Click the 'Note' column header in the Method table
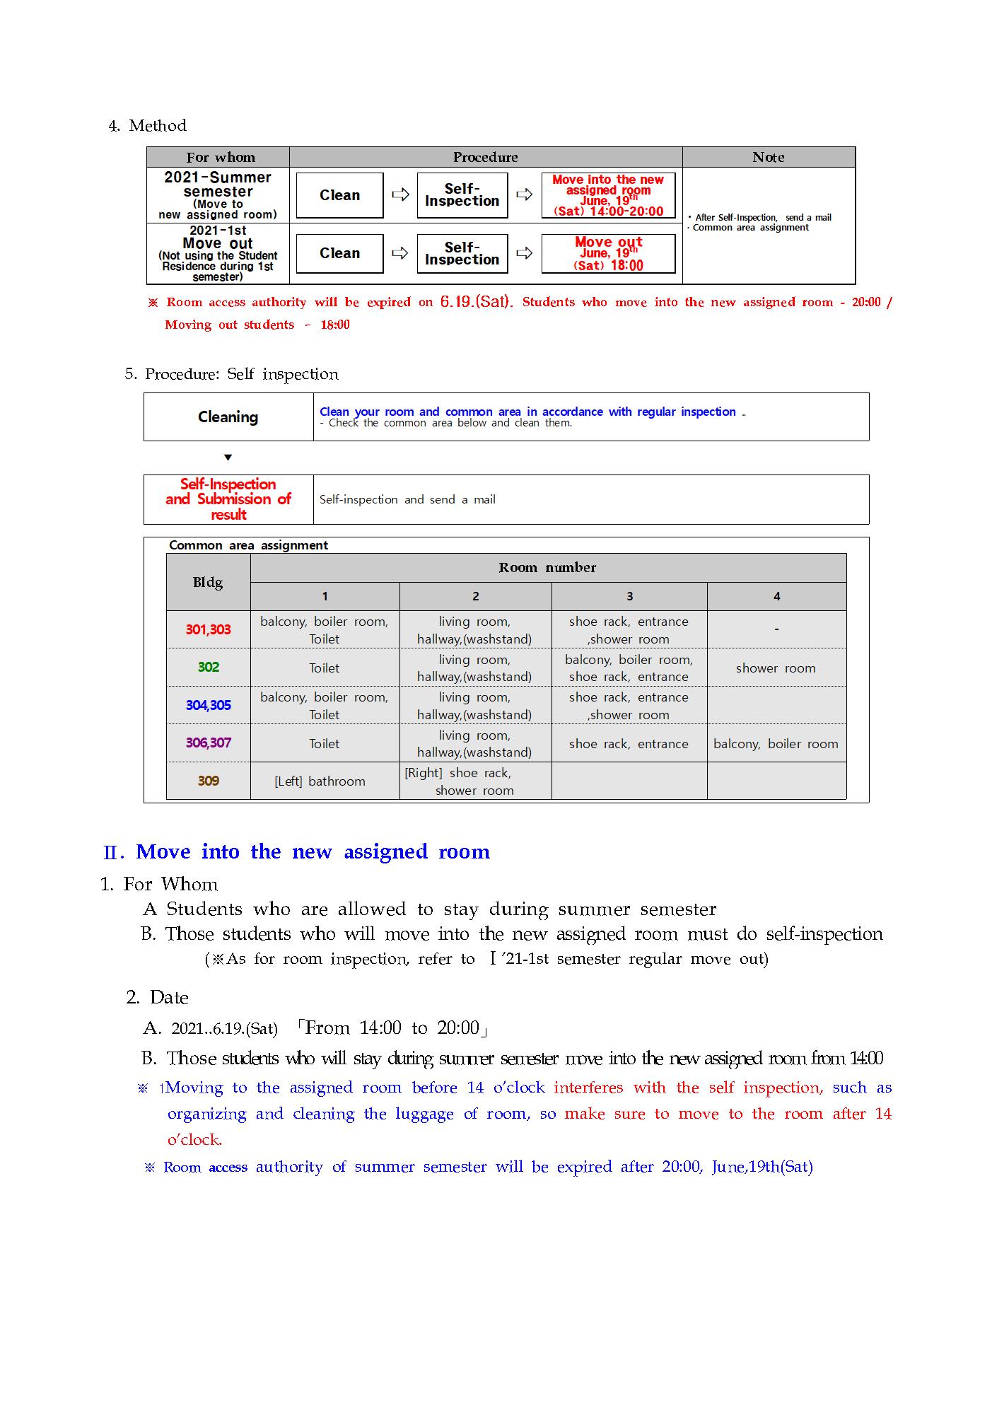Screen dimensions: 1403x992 point(768,157)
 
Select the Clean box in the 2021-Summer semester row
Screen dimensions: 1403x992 point(339,195)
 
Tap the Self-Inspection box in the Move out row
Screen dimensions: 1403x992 point(462,253)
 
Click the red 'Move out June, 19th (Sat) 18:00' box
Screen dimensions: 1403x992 point(608,253)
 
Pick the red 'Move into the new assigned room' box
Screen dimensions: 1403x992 point(608,195)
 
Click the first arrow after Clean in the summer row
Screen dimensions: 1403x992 point(400,194)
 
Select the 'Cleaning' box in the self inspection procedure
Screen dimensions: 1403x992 point(228,417)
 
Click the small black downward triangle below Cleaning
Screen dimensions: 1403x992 point(228,458)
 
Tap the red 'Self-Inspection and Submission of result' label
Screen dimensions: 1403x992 point(228,499)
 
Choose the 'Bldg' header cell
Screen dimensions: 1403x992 point(208,582)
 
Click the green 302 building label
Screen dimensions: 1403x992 point(208,667)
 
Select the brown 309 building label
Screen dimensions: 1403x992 point(208,781)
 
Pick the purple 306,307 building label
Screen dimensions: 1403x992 point(208,743)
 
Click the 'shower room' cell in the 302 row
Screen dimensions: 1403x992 point(776,668)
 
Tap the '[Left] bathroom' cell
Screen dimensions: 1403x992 point(320,781)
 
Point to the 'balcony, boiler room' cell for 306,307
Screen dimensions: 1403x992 point(776,743)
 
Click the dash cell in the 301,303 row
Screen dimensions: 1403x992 point(776,629)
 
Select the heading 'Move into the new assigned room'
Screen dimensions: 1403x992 point(313,851)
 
